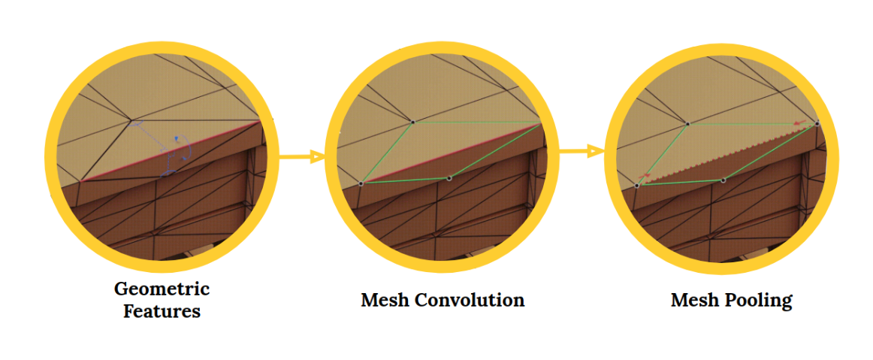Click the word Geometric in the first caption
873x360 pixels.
(x=162, y=289)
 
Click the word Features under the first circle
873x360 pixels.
(x=162, y=310)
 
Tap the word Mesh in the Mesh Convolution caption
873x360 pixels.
(x=384, y=301)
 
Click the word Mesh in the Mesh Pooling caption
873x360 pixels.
(x=695, y=301)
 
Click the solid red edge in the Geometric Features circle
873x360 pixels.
(x=173, y=150)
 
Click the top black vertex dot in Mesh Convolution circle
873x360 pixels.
(x=412, y=121)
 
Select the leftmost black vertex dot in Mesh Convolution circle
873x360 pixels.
(x=361, y=183)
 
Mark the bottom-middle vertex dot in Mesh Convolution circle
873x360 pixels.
(x=449, y=178)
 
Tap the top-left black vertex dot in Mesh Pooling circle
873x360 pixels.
(x=687, y=123)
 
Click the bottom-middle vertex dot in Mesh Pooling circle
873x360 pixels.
(x=723, y=180)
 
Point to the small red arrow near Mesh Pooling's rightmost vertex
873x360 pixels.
(x=801, y=122)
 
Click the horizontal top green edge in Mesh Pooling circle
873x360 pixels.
(x=751, y=124)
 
